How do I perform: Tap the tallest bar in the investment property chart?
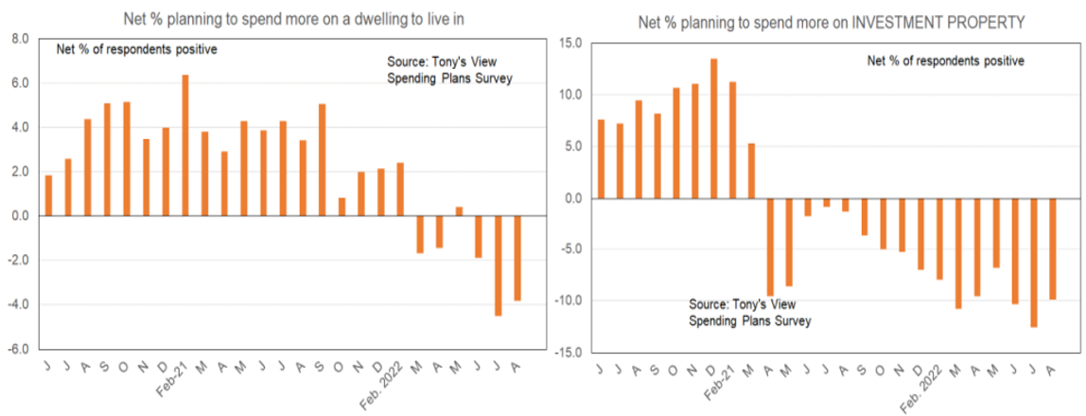tap(713, 129)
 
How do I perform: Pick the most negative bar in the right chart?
tap(1034, 262)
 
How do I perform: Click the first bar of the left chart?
tap(48, 195)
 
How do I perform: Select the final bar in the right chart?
tap(1052, 249)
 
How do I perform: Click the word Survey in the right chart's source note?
tap(792, 321)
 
